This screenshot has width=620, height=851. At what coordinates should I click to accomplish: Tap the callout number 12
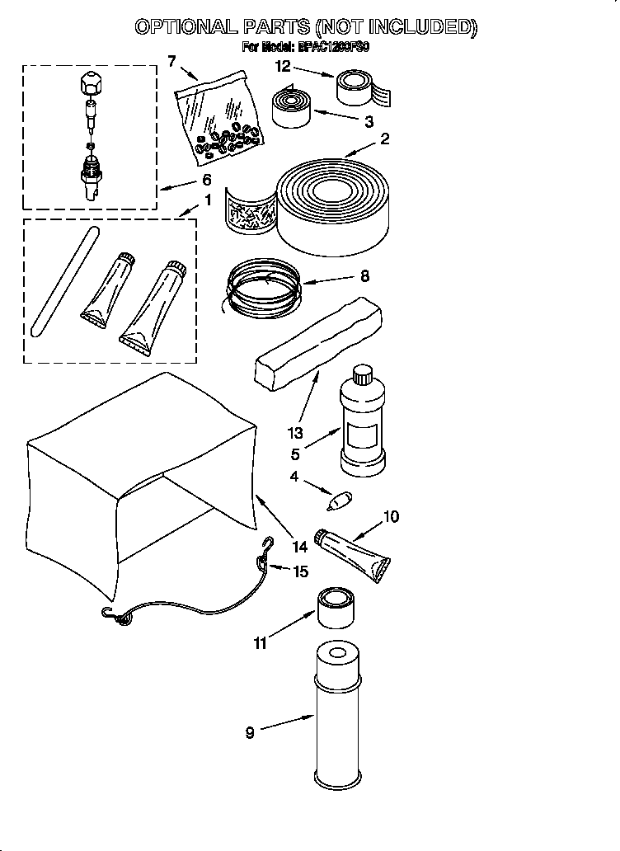283,66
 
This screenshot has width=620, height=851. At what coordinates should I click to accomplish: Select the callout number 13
295,433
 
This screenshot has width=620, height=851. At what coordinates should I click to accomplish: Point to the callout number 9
250,732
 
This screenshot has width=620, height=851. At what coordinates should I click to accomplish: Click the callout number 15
301,571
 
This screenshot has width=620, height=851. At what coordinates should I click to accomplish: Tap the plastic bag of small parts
221,118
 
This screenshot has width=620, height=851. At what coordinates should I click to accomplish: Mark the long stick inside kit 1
62,281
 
